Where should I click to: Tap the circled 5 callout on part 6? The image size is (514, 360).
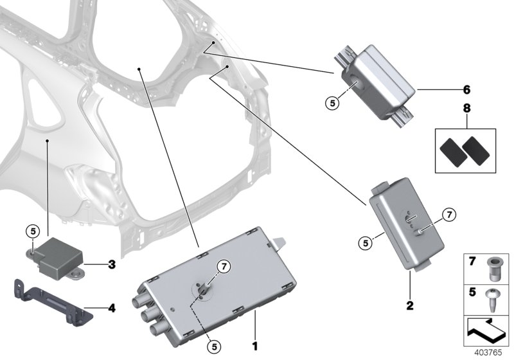pos(331,102)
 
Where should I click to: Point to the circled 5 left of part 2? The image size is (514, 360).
pos(364,243)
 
